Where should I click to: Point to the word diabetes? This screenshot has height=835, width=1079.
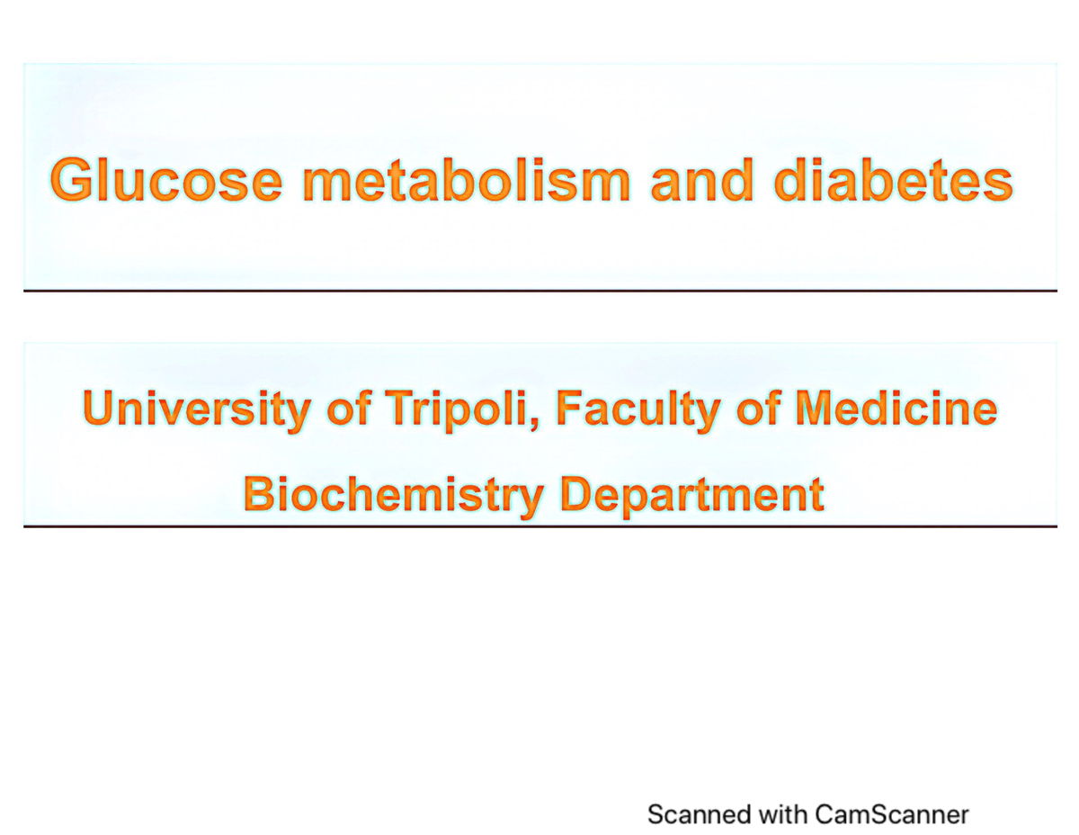pos(892,180)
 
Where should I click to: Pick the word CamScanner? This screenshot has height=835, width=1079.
pos(892,814)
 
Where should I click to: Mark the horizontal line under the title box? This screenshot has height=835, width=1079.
pos(539,291)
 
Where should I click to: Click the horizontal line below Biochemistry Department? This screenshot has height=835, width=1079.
pos(539,525)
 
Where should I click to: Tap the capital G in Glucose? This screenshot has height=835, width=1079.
pos(72,180)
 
